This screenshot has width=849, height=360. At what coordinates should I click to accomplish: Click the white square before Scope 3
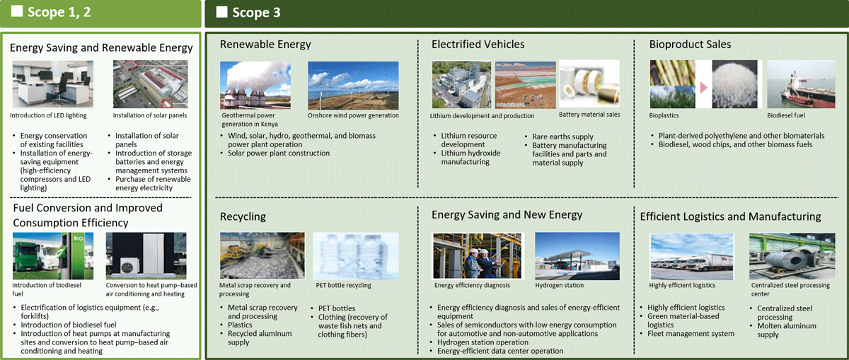tap(221, 12)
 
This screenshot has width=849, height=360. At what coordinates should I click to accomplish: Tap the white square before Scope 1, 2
tap(17, 11)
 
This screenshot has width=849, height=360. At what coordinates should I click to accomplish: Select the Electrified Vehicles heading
tap(478, 45)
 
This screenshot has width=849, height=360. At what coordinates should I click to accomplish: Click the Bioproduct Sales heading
tap(690, 45)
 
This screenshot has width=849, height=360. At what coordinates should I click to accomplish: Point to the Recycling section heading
tap(243, 216)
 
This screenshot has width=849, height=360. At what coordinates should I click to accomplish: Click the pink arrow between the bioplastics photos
tap(703, 88)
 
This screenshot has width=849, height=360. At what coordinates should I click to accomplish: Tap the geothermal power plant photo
tap(255, 86)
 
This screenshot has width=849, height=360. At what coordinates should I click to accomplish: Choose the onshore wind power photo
tap(353, 86)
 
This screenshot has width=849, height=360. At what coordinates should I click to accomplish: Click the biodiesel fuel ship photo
tap(801, 84)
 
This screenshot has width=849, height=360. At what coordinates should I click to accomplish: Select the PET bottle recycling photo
tap(355, 256)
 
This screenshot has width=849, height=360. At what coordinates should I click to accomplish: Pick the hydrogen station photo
tap(577, 256)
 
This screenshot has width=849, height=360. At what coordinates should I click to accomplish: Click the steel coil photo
tap(792, 257)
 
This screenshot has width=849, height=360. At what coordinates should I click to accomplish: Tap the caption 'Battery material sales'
tap(589, 115)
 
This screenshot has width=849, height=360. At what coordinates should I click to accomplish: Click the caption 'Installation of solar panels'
tap(150, 115)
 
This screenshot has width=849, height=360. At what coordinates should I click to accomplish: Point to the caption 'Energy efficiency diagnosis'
tap(472, 285)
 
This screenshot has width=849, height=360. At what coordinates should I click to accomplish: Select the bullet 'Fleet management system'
tap(691, 334)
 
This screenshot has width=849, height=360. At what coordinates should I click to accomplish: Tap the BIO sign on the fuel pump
tap(79, 238)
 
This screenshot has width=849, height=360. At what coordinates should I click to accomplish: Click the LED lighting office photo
tap(52, 84)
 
